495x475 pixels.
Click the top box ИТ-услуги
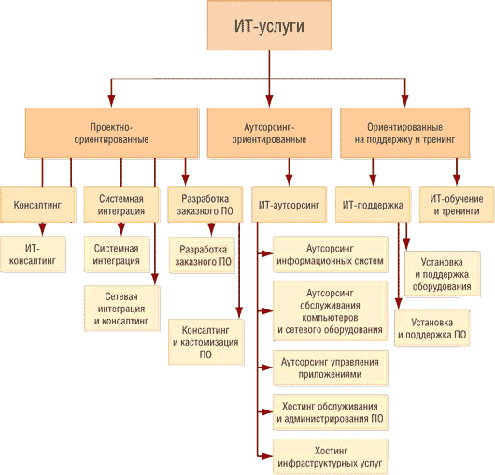pyautogui.click(x=269, y=25)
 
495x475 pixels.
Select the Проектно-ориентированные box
pyautogui.click(x=111, y=133)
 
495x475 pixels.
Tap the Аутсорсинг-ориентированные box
pyautogui.click(x=269, y=133)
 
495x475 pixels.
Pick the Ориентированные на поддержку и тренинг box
pyautogui.click(x=404, y=133)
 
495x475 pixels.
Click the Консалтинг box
pyautogui.click(x=37, y=205)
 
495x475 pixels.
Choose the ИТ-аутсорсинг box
pyautogui.click(x=289, y=205)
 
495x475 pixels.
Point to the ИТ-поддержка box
pyautogui.click(x=373, y=205)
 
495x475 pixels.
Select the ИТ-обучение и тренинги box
pyautogui.click(x=457, y=205)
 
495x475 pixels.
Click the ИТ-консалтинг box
pyautogui.click(x=33, y=254)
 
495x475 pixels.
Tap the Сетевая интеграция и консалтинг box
pyautogui.click(x=121, y=309)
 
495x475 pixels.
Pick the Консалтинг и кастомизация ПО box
pyautogui.click(x=205, y=342)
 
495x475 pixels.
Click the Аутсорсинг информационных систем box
pyautogui.click(x=331, y=254)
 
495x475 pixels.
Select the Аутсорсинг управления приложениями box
pyautogui.click(x=331, y=367)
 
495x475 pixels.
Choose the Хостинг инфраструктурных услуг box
pyautogui.click(x=331, y=456)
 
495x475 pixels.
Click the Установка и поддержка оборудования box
pyautogui.click(x=442, y=274)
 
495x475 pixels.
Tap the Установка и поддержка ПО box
pyautogui.click(x=432, y=328)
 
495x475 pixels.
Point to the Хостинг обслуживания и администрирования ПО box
pyautogui.click(x=331, y=412)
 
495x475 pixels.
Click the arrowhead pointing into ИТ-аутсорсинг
pyautogui.click(x=289, y=180)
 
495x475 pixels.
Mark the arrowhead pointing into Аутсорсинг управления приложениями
pyautogui.click(x=267, y=367)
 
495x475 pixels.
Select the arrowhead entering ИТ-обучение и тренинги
pyautogui.click(x=457, y=180)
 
